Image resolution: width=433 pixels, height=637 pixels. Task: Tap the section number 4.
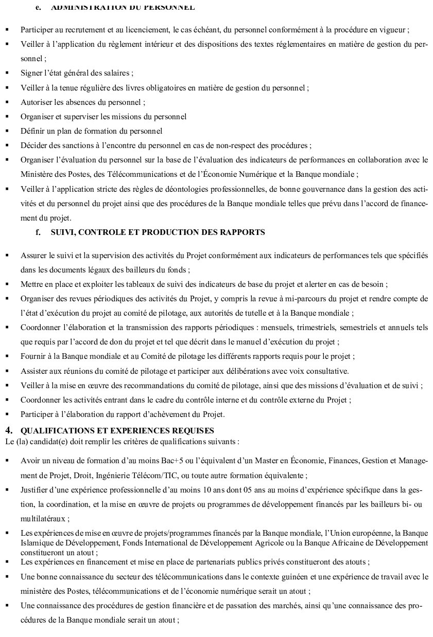pyautogui.click(x=8, y=430)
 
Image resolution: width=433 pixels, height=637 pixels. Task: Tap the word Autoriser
pyautogui.click(x=36, y=102)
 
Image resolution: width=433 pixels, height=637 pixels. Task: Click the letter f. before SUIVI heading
pyautogui.click(x=38, y=232)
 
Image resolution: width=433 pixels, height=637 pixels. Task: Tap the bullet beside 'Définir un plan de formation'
pyautogui.click(x=7, y=131)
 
